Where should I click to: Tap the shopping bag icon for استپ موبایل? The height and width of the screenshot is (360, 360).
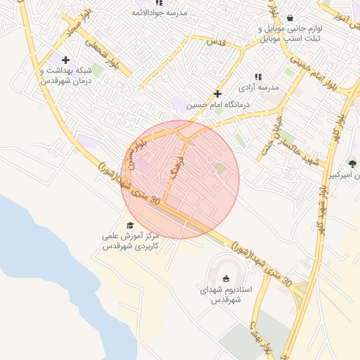pos(290,18)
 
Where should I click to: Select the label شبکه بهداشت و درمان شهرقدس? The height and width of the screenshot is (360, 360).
pos(66,76)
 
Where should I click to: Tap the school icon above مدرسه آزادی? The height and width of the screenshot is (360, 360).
pos(258,76)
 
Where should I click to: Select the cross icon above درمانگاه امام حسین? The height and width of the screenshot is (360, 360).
pos(217,94)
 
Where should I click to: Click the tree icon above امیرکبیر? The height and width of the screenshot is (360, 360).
pos(352,162)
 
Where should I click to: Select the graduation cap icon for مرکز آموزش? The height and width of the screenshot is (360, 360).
pos(129,225)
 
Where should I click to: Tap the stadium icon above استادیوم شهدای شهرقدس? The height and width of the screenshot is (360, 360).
pos(226,278)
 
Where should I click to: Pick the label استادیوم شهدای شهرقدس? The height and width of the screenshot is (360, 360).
pos(226,295)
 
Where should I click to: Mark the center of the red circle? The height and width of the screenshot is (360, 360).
pos(180,179)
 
